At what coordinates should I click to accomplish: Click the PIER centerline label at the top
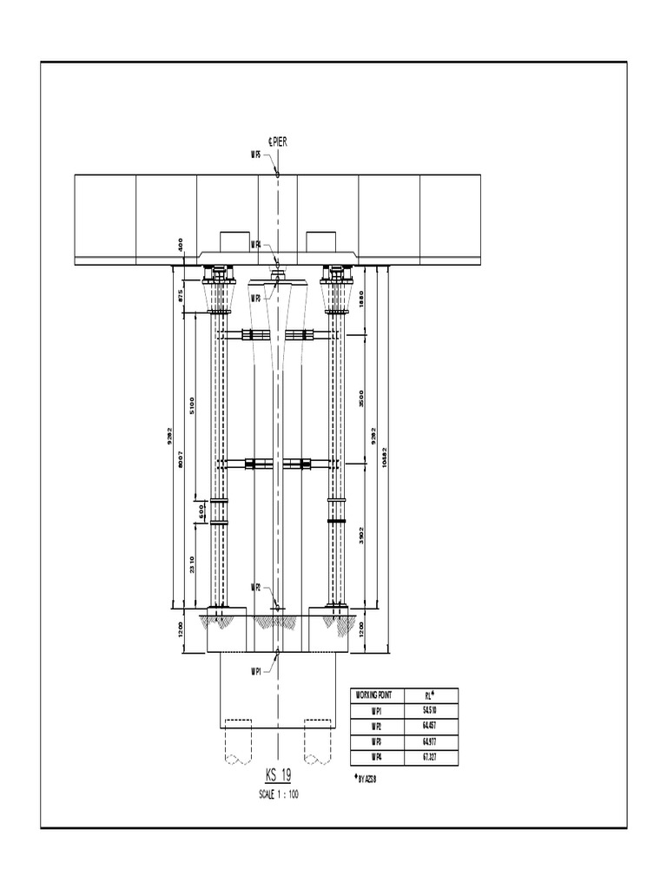283,142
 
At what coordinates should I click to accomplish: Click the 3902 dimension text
361,537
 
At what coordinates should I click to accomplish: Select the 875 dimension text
181,295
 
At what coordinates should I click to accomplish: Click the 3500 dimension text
361,399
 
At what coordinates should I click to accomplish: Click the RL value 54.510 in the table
429,710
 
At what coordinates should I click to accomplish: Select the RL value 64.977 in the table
429,741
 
